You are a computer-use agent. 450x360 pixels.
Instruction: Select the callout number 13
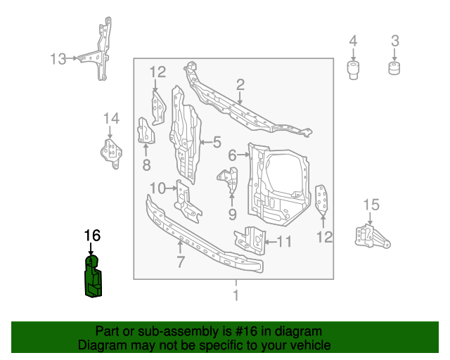[x=58, y=58]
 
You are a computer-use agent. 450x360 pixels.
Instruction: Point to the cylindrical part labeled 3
[x=395, y=69]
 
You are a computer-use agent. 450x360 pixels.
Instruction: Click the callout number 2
[x=240, y=85]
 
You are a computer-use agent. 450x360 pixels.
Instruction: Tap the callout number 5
[x=217, y=142]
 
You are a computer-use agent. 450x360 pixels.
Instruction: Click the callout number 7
[x=181, y=262]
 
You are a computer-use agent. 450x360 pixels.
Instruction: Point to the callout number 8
[x=146, y=165]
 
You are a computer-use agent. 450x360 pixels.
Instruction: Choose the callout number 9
[x=232, y=213]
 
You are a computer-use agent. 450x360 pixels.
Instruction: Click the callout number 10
[x=157, y=188]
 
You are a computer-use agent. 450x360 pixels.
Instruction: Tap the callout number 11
[x=283, y=242]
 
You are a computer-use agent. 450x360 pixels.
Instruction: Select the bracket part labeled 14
[x=109, y=153]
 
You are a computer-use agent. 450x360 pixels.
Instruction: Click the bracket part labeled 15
[x=370, y=236]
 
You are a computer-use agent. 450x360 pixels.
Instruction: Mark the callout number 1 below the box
[x=236, y=295]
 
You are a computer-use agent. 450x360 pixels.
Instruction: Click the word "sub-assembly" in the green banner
[x=157, y=331]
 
